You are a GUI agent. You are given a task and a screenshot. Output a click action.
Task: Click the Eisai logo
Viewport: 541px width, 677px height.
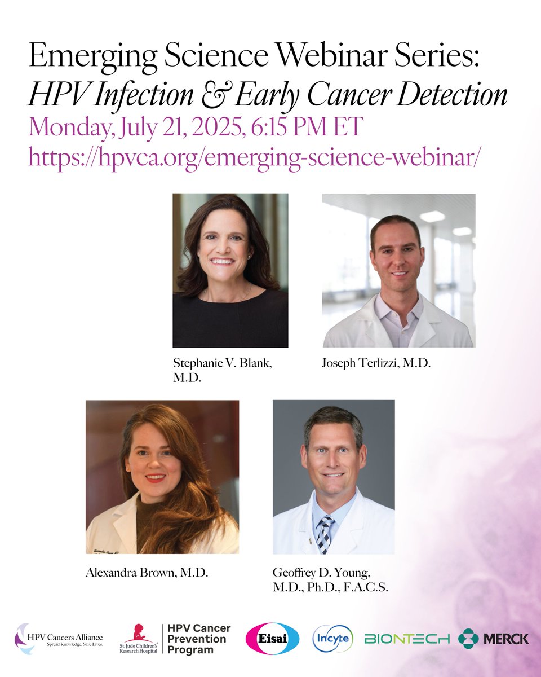pos(269,639)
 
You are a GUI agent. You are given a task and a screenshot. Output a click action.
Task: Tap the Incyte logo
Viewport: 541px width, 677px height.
pos(333,639)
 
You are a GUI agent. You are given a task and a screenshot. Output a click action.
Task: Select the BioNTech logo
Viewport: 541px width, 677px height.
pos(407,639)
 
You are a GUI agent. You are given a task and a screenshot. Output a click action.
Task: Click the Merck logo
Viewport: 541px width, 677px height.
pos(494,639)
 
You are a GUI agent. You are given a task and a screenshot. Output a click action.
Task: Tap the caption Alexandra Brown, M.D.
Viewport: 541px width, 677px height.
pos(147,574)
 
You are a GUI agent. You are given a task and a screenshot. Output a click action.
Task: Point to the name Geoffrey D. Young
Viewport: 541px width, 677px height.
pos(322,574)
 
